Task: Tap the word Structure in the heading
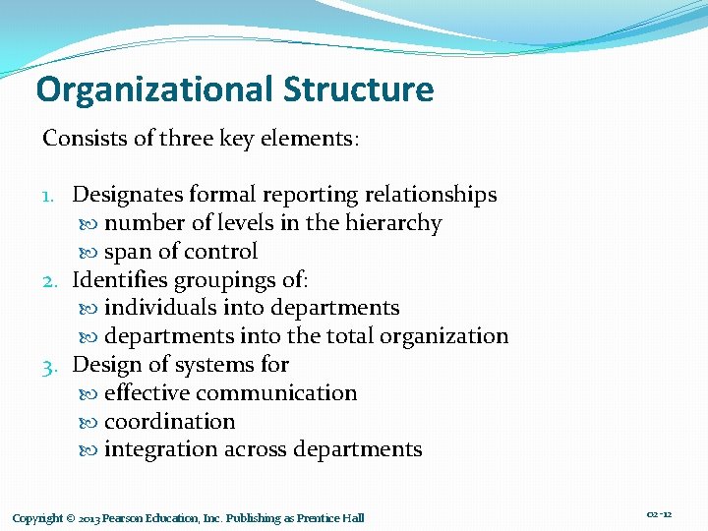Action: (x=358, y=90)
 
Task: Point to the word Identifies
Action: (x=123, y=279)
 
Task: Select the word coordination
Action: (x=170, y=422)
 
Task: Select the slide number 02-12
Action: (x=660, y=515)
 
